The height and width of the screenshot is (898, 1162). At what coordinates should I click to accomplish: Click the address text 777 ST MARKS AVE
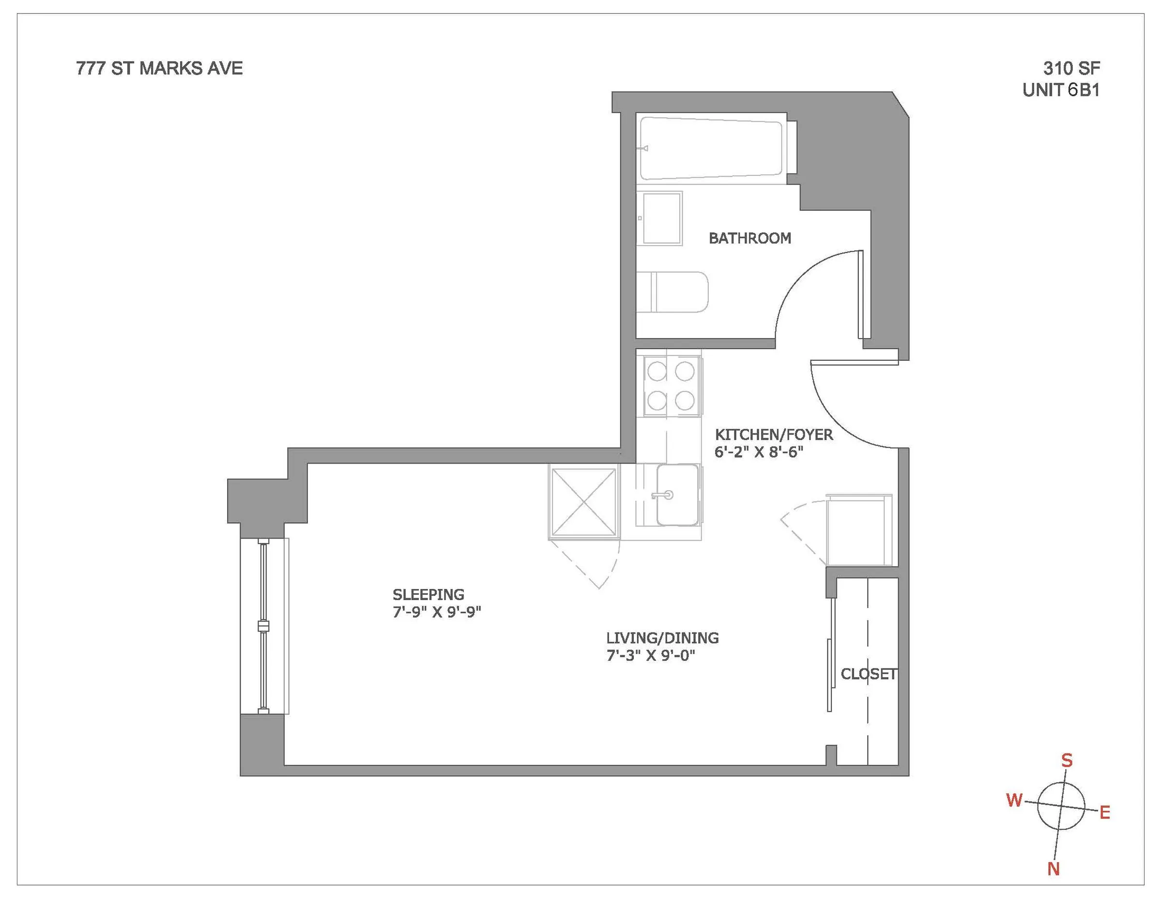(159, 69)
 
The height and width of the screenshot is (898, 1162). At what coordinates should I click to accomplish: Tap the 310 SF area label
(1071, 69)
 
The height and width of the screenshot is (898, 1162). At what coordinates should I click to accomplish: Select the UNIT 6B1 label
(1061, 91)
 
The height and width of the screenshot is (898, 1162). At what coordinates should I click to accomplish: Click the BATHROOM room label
(749, 238)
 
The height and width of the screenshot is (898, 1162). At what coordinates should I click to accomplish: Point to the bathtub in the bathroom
(711, 148)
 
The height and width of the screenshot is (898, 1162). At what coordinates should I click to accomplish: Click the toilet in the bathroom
(673, 292)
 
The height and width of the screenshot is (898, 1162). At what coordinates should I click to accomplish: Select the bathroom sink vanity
(660, 218)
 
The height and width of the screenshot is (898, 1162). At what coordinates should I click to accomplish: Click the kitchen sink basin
(677, 495)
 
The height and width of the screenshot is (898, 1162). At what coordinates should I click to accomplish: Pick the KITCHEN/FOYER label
(774, 435)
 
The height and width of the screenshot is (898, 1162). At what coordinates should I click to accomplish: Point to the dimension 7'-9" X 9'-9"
(437, 612)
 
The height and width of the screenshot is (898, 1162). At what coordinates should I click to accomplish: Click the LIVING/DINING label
(662, 638)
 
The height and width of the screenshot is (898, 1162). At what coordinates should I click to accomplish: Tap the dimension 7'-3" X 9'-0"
(651, 655)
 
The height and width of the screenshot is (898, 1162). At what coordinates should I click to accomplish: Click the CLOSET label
(868, 674)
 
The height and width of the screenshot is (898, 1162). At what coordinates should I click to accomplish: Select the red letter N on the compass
(1054, 869)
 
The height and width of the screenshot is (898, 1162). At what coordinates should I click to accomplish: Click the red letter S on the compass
(1067, 760)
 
